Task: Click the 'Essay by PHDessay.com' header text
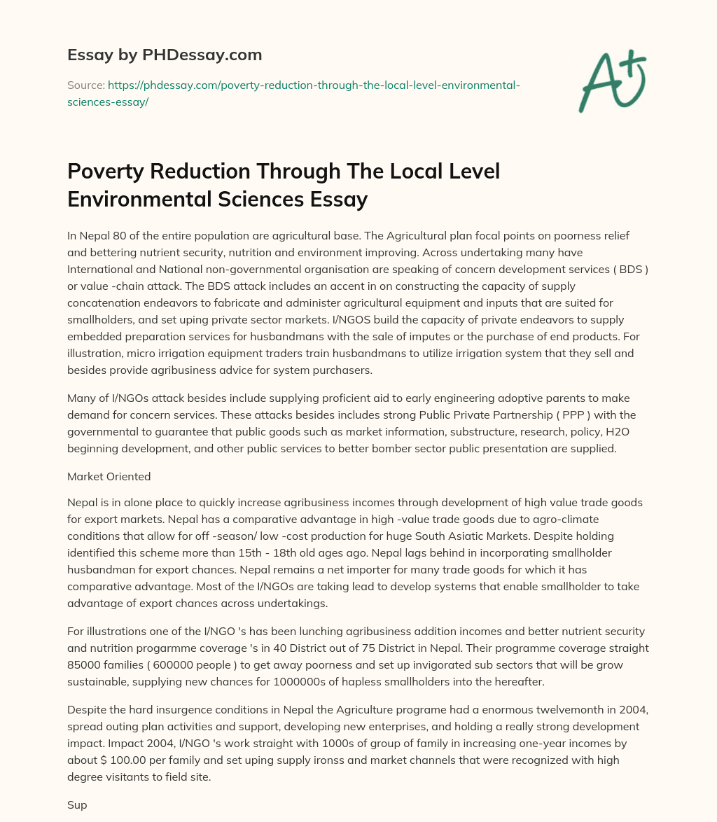(164, 55)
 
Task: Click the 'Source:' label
(85, 85)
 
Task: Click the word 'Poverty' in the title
(109, 172)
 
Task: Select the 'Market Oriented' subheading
(109, 476)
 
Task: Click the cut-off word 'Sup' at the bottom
(77, 805)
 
